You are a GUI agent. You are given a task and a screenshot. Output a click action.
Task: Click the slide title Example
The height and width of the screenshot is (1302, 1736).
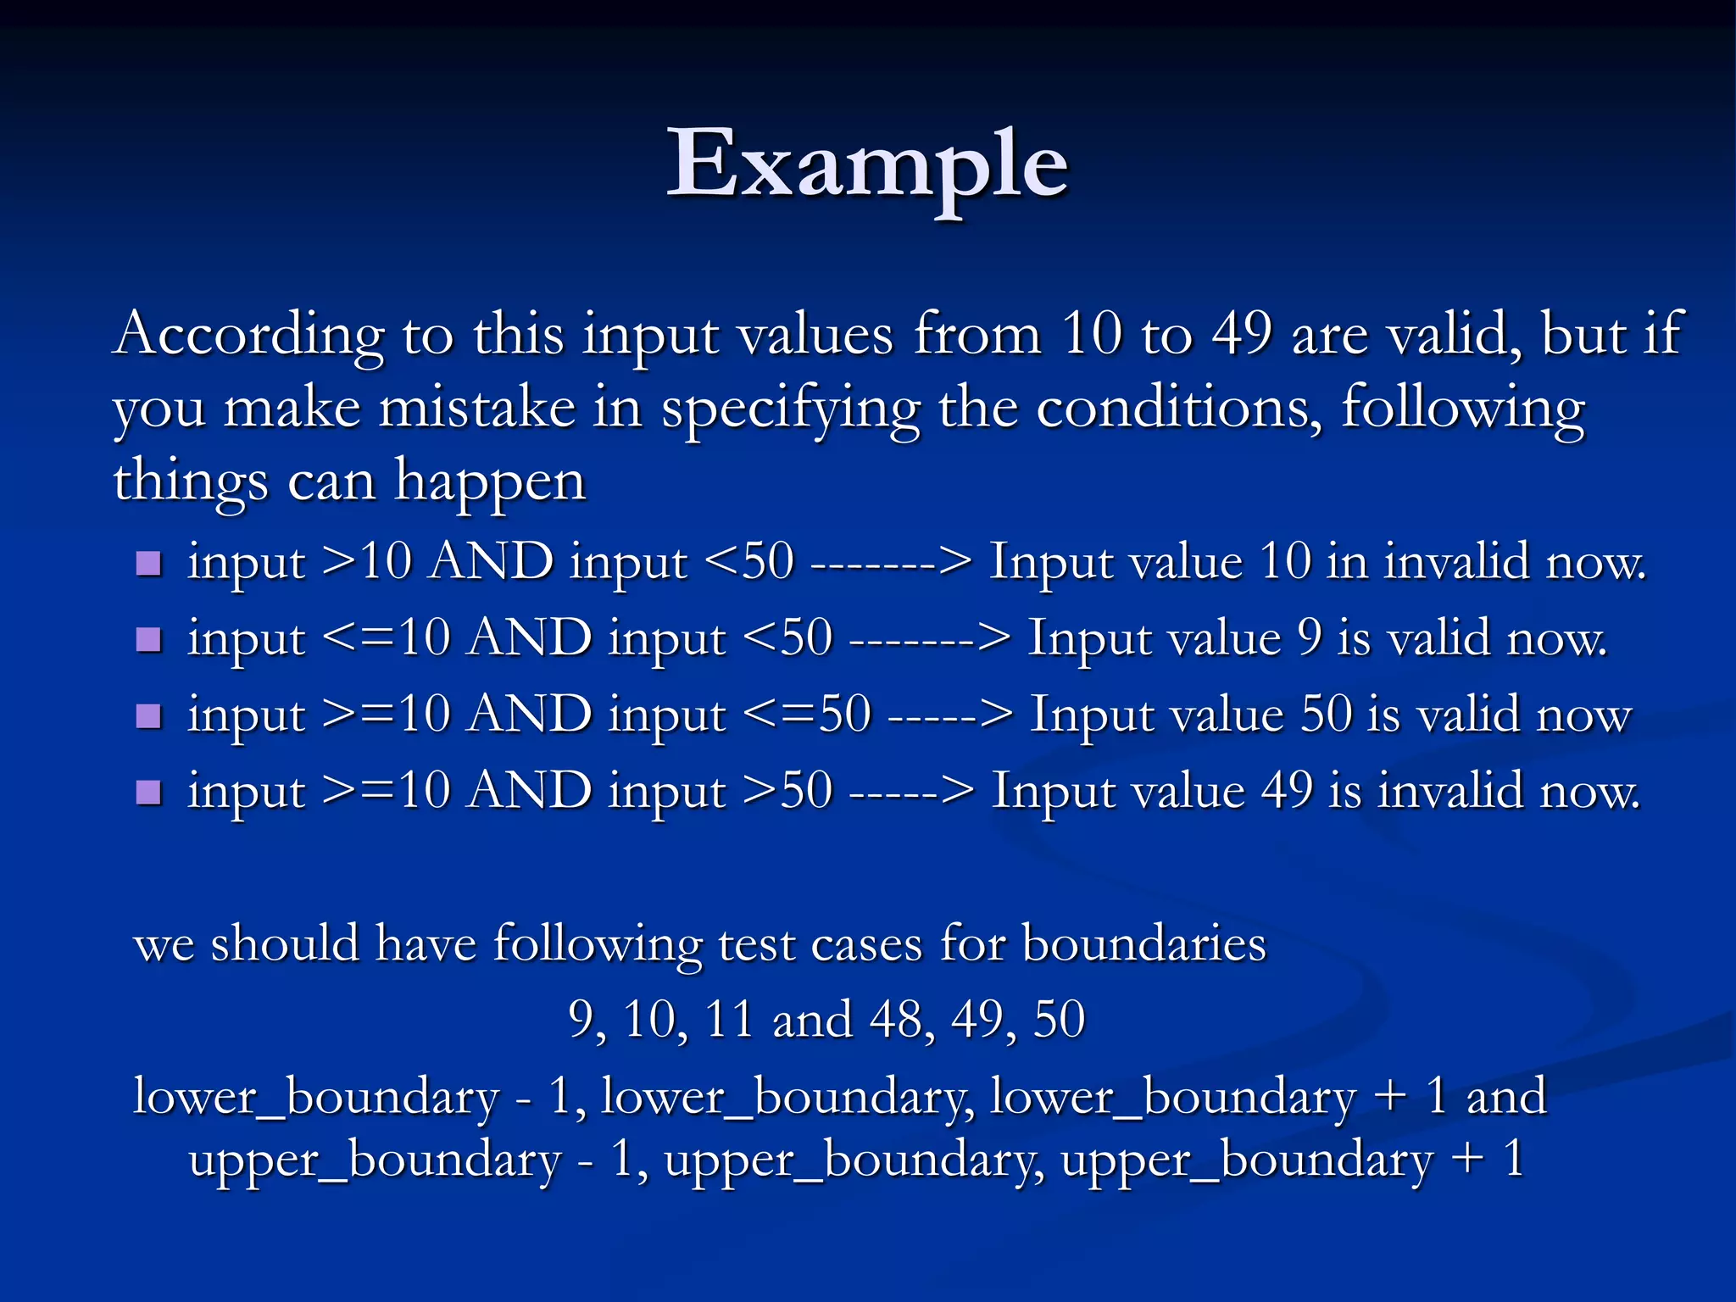click(x=867, y=164)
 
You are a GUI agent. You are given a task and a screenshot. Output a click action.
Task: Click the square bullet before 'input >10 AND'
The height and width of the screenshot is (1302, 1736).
click(x=148, y=563)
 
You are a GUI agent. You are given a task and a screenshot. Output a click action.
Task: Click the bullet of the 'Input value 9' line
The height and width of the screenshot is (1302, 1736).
click(x=148, y=639)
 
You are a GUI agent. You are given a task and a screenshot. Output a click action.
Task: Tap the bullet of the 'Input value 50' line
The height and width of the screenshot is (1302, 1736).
click(x=148, y=715)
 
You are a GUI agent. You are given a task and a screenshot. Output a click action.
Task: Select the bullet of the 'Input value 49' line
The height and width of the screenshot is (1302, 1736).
click(x=148, y=792)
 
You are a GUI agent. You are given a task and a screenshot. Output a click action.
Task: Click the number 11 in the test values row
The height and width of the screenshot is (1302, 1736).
click(x=728, y=1019)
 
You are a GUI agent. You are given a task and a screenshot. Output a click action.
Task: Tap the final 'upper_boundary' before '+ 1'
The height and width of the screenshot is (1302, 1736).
click(x=1247, y=1160)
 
